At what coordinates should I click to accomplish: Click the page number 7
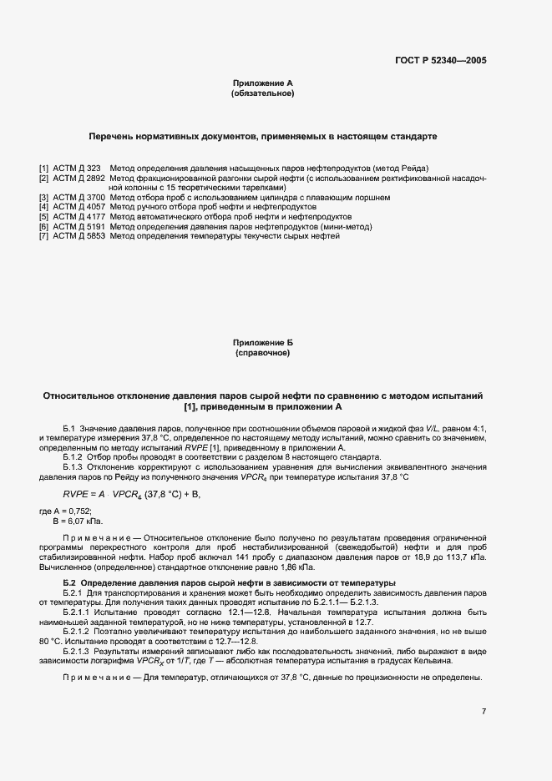484,711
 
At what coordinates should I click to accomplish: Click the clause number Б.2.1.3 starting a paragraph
77,649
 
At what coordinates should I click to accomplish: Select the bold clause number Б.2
70,582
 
